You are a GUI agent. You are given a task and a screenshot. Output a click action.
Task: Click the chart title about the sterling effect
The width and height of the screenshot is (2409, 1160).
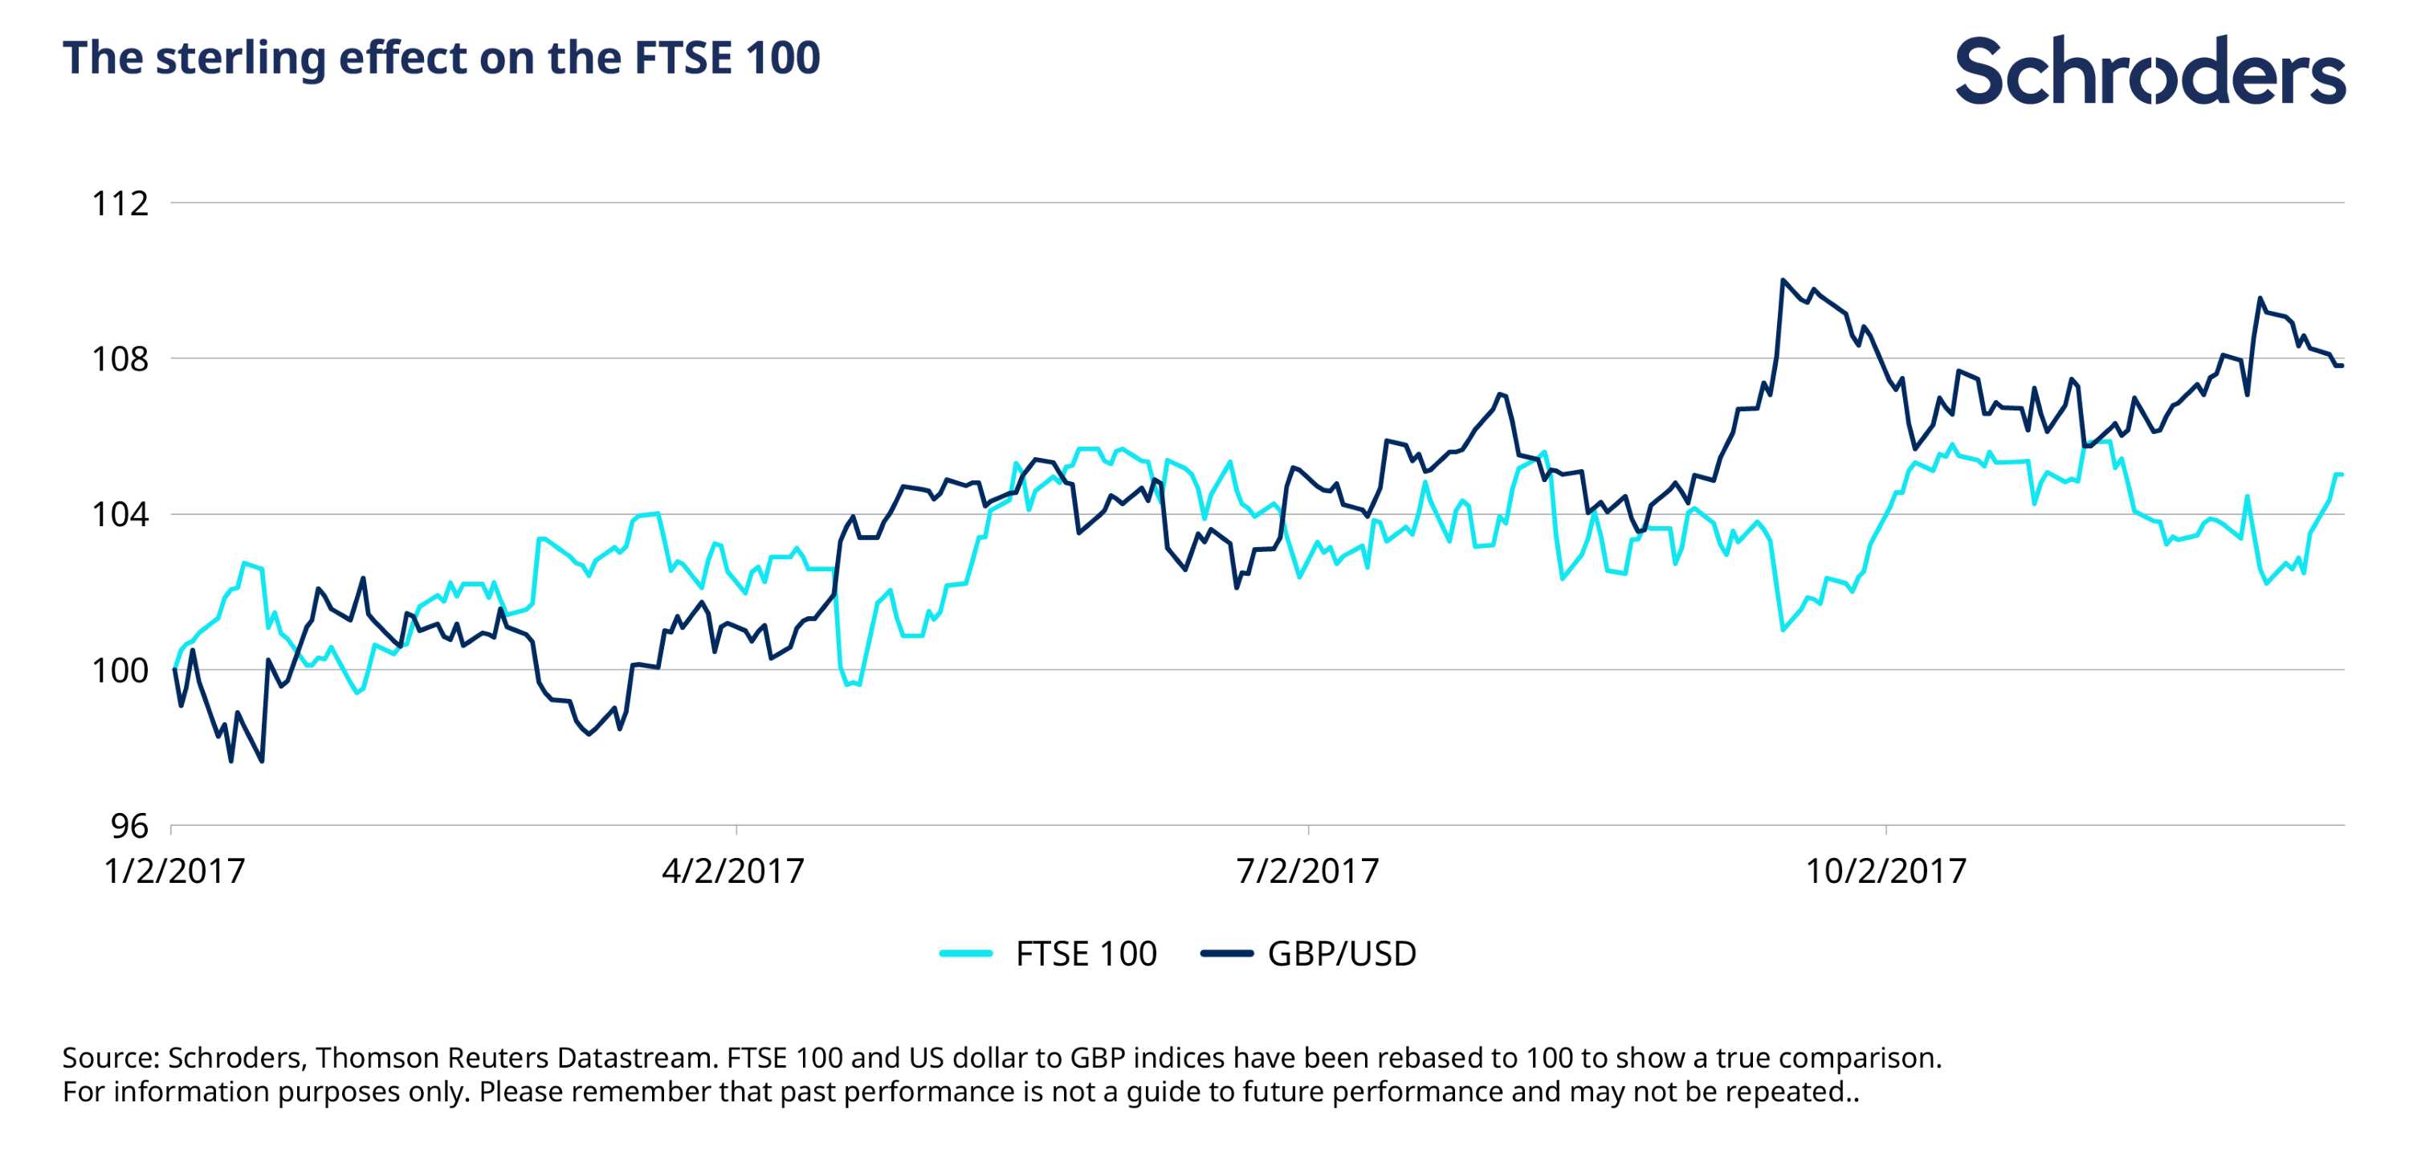click(x=441, y=57)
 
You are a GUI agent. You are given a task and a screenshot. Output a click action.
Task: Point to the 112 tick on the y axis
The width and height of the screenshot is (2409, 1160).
click(x=120, y=203)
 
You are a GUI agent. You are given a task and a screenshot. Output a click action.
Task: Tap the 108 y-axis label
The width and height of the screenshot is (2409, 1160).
click(x=120, y=358)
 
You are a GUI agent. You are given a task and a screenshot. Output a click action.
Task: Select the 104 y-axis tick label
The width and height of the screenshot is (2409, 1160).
click(x=120, y=514)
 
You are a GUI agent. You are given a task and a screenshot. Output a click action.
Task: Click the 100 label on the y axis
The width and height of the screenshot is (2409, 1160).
click(x=120, y=670)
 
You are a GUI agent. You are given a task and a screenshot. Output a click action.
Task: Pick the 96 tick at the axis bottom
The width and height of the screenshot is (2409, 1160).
click(x=129, y=825)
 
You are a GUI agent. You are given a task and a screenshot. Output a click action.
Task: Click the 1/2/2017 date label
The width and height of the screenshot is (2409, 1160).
click(x=174, y=871)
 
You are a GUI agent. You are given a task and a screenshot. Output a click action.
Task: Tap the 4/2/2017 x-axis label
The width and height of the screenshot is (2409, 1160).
click(x=733, y=871)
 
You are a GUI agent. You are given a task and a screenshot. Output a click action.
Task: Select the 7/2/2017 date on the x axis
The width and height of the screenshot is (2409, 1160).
click(x=1307, y=871)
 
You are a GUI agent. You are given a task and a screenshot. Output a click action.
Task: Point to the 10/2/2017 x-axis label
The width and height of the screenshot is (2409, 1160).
click(x=1885, y=871)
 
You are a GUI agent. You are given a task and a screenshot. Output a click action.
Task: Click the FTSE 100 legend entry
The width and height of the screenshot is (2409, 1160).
click(x=1086, y=954)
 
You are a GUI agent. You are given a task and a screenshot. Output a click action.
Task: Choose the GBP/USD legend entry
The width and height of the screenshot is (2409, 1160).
click(x=1341, y=954)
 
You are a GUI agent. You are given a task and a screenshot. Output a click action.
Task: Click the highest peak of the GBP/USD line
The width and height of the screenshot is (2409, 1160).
click(x=1783, y=280)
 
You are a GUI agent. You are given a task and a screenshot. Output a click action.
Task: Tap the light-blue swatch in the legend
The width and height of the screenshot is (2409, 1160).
click(x=966, y=954)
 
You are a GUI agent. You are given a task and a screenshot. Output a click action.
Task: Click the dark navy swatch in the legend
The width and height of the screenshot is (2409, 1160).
click(x=1226, y=954)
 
